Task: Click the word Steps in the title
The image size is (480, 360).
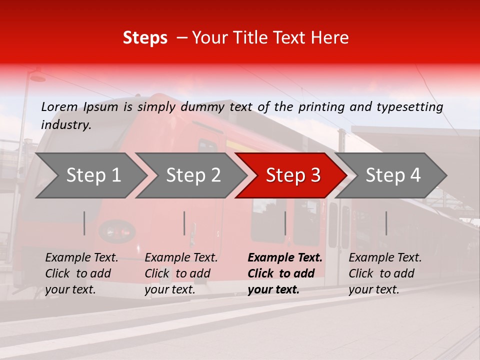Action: point(145,38)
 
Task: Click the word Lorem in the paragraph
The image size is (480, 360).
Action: point(59,107)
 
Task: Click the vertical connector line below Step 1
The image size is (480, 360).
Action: point(84,223)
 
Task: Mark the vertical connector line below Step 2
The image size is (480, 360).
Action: point(184,223)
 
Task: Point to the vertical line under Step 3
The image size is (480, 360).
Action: point(285,223)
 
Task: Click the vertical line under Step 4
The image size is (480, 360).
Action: point(386,223)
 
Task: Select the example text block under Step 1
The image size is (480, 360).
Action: point(81,273)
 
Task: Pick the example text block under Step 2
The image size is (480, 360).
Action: point(181,273)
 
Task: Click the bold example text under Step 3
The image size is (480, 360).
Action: point(285,273)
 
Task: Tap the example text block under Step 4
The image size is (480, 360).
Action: point(385,273)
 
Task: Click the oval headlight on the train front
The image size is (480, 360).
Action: point(117,231)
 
